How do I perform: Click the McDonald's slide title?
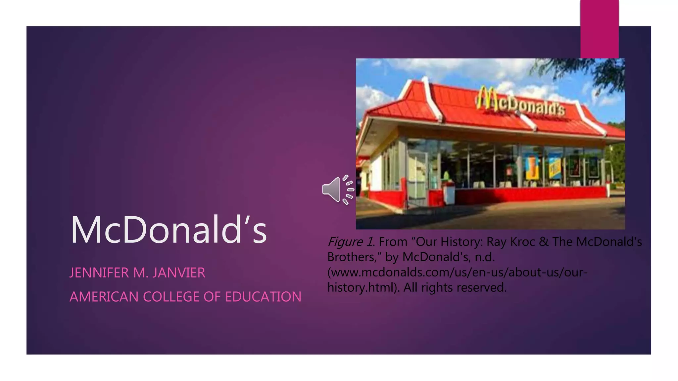169,230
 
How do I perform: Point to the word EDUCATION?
263,297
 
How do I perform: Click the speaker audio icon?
337,190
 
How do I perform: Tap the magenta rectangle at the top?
599,29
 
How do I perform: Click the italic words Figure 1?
351,242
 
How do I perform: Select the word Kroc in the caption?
522,242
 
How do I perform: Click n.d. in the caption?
484,257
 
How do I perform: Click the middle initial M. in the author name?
139,273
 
